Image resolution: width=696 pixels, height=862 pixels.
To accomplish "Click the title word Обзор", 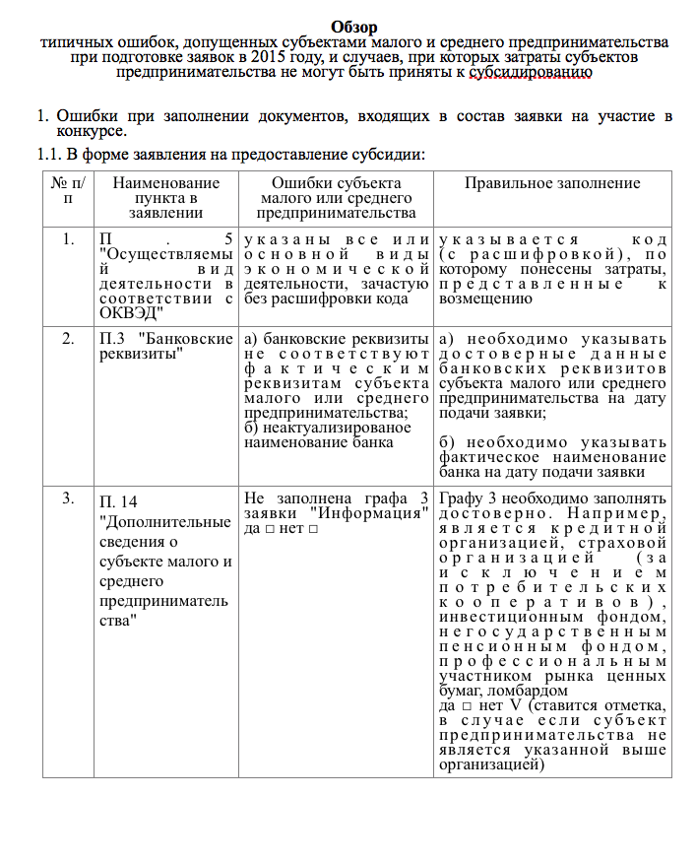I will click(x=354, y=27).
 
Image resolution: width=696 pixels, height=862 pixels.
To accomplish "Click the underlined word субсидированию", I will click(x=531, y=72).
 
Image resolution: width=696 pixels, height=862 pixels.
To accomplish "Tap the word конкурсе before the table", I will click(x=91, y=131).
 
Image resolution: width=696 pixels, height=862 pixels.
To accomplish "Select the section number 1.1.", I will click(x=48, y=154).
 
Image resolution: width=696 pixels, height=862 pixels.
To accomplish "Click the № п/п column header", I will click(x=68, y=190).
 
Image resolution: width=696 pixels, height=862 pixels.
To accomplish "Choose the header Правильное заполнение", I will click(x=551, y=183).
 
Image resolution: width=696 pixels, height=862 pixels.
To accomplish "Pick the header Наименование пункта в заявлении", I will click(x=166, y=198).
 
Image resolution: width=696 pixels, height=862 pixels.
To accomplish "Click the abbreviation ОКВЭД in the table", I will click(x=131, y=313).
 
